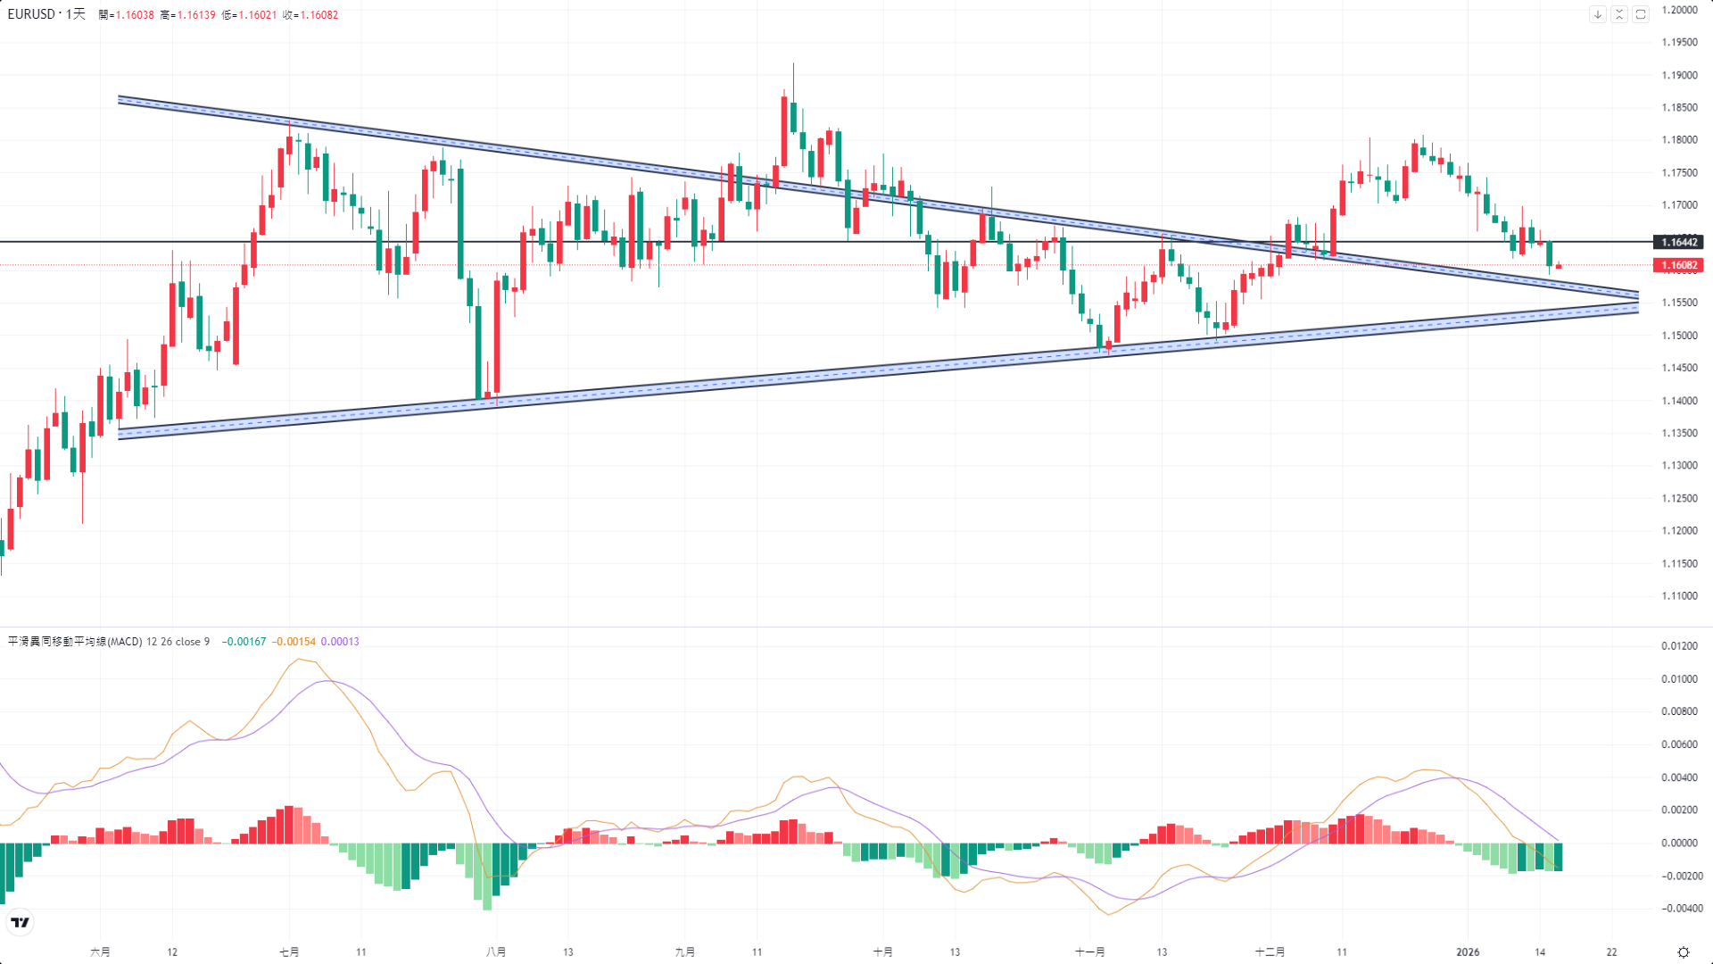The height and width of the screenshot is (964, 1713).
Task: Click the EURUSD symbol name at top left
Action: tap(31, 14)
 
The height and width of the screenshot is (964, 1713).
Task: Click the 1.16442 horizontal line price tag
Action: tap(1678, 242)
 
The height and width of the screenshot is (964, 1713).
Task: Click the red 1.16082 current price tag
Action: tap(1678, 265)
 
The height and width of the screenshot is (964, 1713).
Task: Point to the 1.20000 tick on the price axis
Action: tap(1679, 10)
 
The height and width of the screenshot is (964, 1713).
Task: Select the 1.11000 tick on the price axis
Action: tap(1679, 595)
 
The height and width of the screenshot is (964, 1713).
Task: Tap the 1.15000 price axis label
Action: tap(1679, 336)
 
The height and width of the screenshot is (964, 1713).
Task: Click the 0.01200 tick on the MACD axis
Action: tap(1679, 646)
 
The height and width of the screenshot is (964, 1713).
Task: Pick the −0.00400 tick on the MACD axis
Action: tap(1679, 909)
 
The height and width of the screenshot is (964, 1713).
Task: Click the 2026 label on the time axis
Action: tap(1468, 952)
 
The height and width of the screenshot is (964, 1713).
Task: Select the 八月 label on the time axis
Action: tap(496, 952)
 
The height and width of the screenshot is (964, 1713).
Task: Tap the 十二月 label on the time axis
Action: tap(1270, 952)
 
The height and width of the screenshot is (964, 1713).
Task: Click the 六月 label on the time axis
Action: tap(100, 952)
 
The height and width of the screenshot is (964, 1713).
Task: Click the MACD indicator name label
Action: tap(75, 642)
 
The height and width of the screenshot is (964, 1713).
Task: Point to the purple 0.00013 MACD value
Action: tap(340, 642)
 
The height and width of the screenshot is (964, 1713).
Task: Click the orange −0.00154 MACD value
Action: tap(294, 642)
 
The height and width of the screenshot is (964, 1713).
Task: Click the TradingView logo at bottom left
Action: tap(20, 922)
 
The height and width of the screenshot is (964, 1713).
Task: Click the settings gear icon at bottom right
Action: tap(1684, 952)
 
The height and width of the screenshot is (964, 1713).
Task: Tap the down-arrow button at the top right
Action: tap(1598, 14)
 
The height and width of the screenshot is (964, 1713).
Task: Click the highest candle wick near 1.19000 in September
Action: tap(793, 67)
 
